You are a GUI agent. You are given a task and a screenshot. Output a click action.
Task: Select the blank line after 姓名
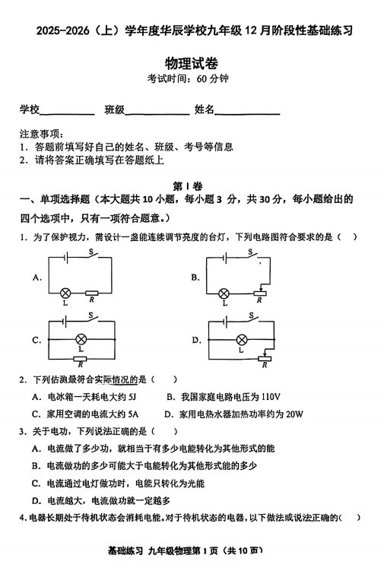[248, 112]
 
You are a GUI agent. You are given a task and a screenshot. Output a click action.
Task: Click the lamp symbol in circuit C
[80, 339]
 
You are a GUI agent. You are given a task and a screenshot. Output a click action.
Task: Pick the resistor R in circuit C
[80, 359]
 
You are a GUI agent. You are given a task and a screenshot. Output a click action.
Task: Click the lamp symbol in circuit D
[242, 339]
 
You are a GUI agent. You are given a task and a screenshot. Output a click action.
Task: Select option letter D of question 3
[36, 500]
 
